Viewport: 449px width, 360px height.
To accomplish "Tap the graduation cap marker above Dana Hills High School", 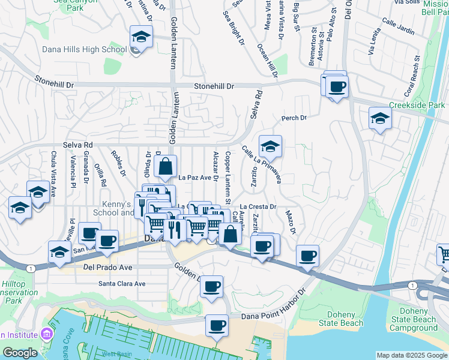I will (141, 37).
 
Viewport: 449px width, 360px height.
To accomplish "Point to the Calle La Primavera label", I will (262, 164).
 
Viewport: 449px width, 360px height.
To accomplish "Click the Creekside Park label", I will (416, 105).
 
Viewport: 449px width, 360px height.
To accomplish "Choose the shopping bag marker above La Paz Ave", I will (165, 166).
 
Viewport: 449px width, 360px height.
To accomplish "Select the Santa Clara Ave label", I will (122, 283).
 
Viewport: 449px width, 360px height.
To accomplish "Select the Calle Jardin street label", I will (397, 29).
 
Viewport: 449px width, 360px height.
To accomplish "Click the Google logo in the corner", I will (20, 353).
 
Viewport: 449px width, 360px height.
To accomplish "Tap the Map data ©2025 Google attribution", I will (412, 355).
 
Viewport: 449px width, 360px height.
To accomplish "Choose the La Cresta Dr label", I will (258, 206).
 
